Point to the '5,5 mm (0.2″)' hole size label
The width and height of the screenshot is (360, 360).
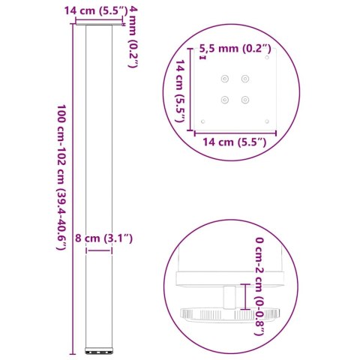point(235,49)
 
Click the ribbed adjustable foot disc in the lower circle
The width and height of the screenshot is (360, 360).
point(225,314)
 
